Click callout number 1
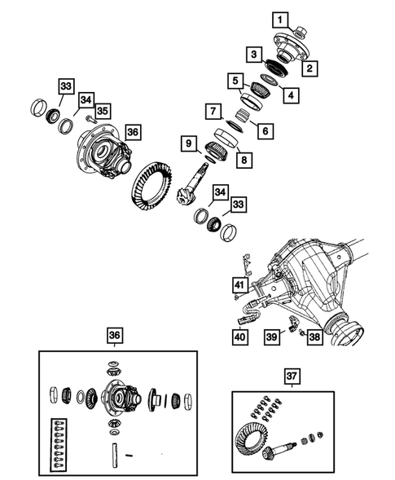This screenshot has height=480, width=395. (x=279, y=18)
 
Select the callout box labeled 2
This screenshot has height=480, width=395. (x=309, y=69)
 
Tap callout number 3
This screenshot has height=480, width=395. (x=255, y=55)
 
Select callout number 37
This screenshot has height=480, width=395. (x=292, y=376)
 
